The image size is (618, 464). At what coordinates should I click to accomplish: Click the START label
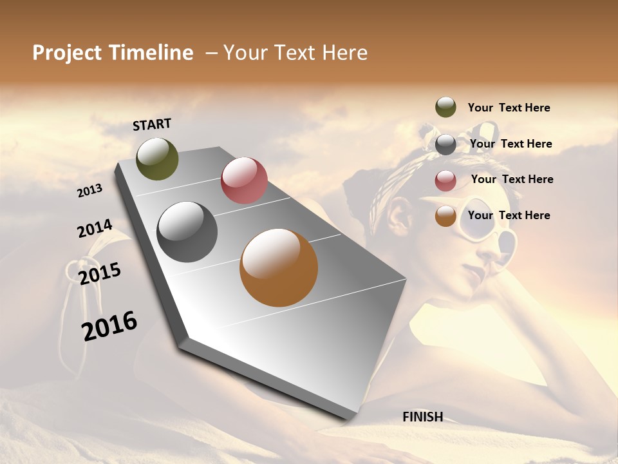(x=152, y=124)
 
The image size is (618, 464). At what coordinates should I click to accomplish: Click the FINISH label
(x=422, y=417)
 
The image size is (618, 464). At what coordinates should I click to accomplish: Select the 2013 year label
(x=89, y=191)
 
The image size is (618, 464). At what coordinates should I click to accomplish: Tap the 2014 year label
(x=95, y=229)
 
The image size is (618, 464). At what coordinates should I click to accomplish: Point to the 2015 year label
(x=100, y=274)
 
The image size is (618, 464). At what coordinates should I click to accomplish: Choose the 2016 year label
(x=109, y=325)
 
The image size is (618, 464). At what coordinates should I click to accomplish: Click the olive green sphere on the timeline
(x=157, y=159)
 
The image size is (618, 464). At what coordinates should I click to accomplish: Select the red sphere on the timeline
(x=244, y=180)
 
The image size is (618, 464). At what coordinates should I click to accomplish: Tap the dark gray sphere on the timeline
(x=187, y=232)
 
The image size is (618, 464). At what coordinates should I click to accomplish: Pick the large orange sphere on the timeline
(x=279, y=267)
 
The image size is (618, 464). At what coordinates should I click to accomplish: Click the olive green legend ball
(x=445, y=107)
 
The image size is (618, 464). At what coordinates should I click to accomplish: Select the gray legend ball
(x=445, y=144)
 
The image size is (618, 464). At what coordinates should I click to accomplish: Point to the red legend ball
(x=445, y=180)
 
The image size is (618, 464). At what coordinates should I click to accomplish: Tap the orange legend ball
(x=445, y=217)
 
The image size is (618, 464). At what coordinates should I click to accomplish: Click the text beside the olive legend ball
(x=509, y=108)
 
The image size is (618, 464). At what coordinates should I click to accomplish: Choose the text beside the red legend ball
(x=512, y=179)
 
